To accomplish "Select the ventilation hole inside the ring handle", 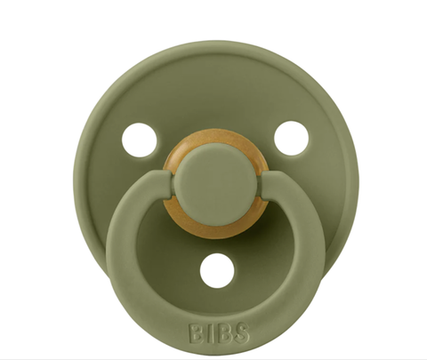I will [213, 268].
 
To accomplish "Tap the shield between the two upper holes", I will [213, 98].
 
